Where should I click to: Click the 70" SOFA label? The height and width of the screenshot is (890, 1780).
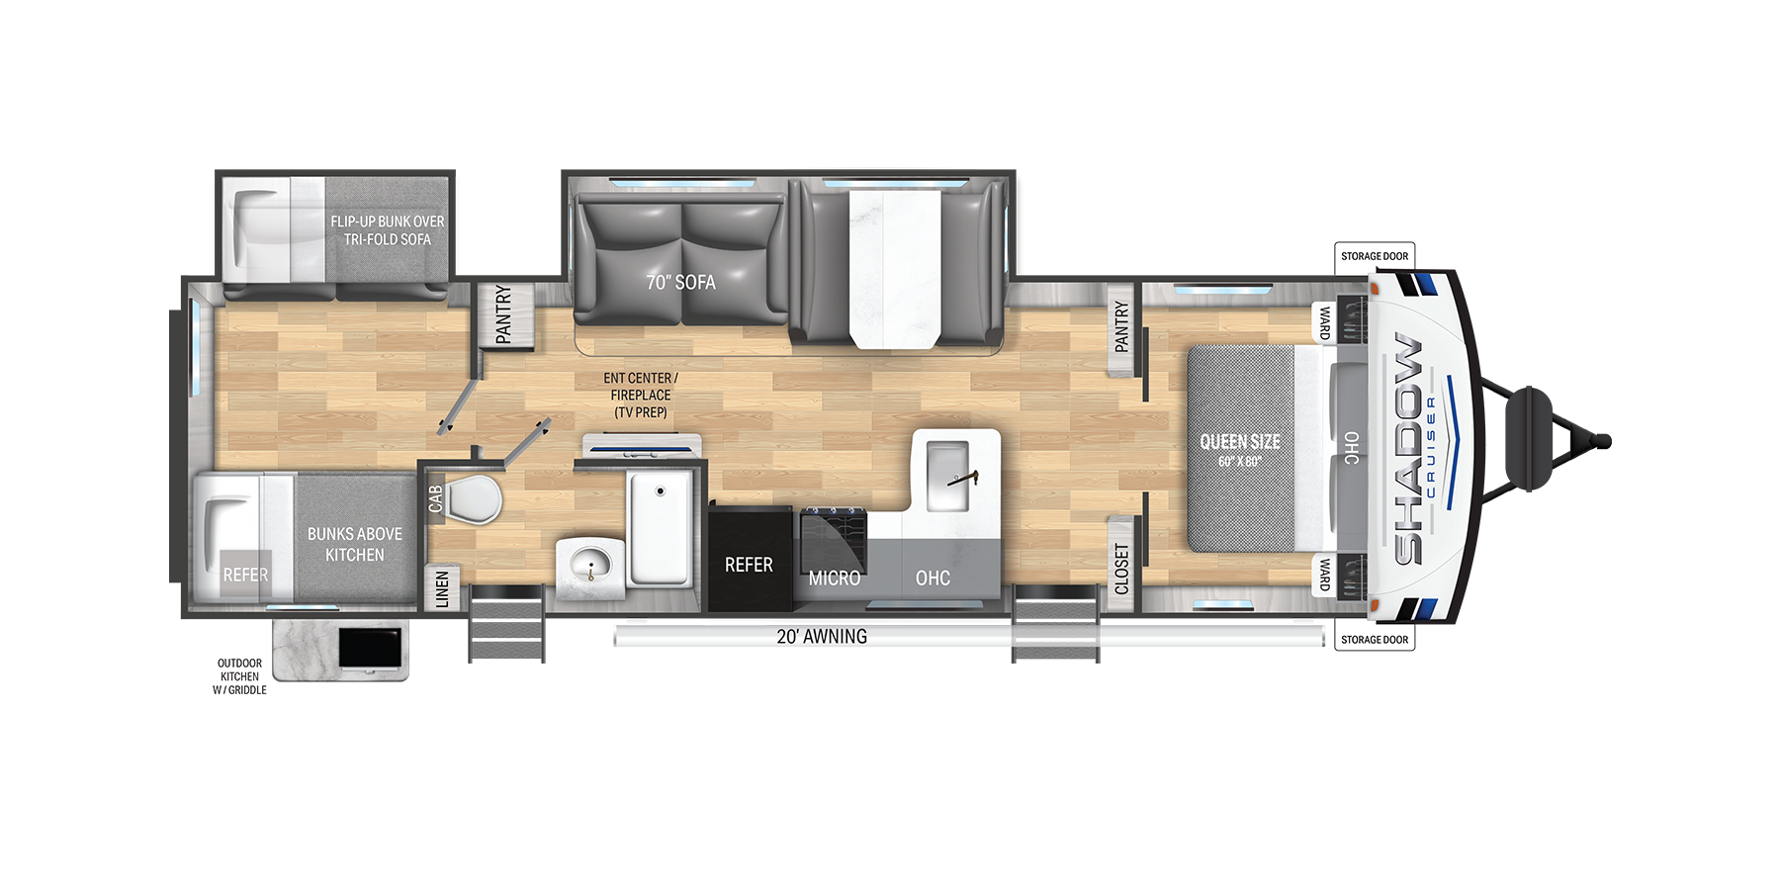[680, 283]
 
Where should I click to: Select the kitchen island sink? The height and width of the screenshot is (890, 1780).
[947, 477]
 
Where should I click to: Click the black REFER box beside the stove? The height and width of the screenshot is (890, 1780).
[750, 559]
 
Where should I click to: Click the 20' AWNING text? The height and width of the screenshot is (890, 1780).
[822, 637]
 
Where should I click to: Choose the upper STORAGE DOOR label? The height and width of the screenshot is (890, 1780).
[1375, 256]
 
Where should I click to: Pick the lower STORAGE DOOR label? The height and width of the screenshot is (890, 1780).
[1375, 640]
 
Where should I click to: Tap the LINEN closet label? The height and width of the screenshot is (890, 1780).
[442, 588]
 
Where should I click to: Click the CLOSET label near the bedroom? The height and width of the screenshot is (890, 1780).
[1121, 569]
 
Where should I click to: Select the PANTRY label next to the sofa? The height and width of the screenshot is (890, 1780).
[503, 314]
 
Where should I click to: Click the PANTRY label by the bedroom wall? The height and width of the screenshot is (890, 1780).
[1121, 327]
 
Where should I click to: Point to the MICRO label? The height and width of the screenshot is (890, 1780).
[835, 578]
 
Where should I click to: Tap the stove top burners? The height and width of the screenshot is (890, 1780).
[834, 540]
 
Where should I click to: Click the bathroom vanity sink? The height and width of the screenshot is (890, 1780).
[591, 568]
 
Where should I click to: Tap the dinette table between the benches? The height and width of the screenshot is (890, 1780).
[895, 269]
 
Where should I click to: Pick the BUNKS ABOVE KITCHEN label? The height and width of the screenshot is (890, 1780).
[355, 545]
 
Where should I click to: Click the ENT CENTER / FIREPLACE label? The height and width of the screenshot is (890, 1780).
[641, 395]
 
